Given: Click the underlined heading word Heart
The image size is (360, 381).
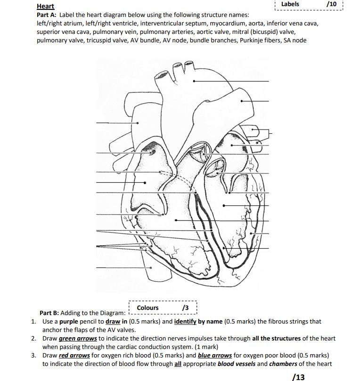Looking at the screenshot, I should pos(45,7).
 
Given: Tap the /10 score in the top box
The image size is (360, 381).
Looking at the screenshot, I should pos(332,4).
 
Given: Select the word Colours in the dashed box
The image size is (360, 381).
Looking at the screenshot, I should pos(148,308).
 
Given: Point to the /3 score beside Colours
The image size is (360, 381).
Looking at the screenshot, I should pos(185,308).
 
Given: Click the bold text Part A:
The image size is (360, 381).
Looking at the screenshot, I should pos(46,15).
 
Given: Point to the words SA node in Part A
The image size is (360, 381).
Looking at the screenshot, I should pos(294,41).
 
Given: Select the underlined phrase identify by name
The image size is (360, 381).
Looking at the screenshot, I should pos(194,322).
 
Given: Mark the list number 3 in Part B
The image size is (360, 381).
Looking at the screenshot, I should pos(33,356).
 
